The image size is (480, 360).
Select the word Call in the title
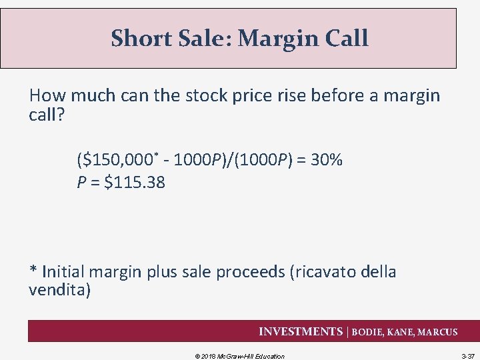345,38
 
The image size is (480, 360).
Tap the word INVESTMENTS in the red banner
300,332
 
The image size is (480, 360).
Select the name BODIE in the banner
368,332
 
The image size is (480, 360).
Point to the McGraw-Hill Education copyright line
239,356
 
